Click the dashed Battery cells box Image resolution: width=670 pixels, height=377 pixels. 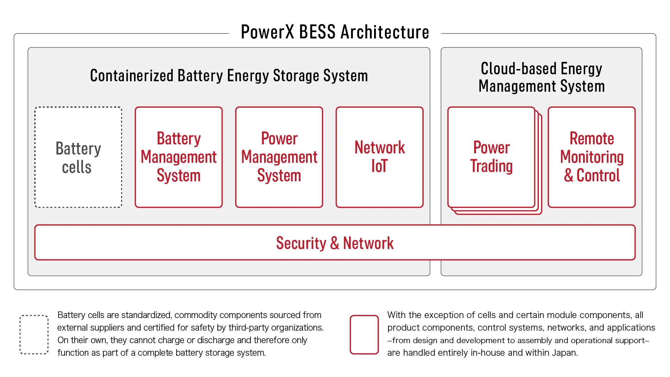tap(78, 157)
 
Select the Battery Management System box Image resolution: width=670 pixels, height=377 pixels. tap(179, 157)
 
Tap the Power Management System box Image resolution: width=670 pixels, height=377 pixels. tap(279, 157)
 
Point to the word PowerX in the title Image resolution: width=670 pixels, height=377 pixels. tap(267, 32)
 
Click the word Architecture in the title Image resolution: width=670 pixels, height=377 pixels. tap(385, 32)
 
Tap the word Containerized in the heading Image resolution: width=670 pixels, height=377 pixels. tap(132, 76)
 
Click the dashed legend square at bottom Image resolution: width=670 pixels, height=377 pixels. tap(34, 335)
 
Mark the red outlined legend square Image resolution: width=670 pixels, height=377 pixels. tap(364, 335)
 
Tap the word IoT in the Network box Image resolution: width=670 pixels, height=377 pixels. tap(380, 166)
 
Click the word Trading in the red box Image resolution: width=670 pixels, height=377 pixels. tap(491, 166)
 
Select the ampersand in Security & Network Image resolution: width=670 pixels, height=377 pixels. tap(335, 243)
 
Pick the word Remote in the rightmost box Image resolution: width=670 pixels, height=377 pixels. tap(592, 138)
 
